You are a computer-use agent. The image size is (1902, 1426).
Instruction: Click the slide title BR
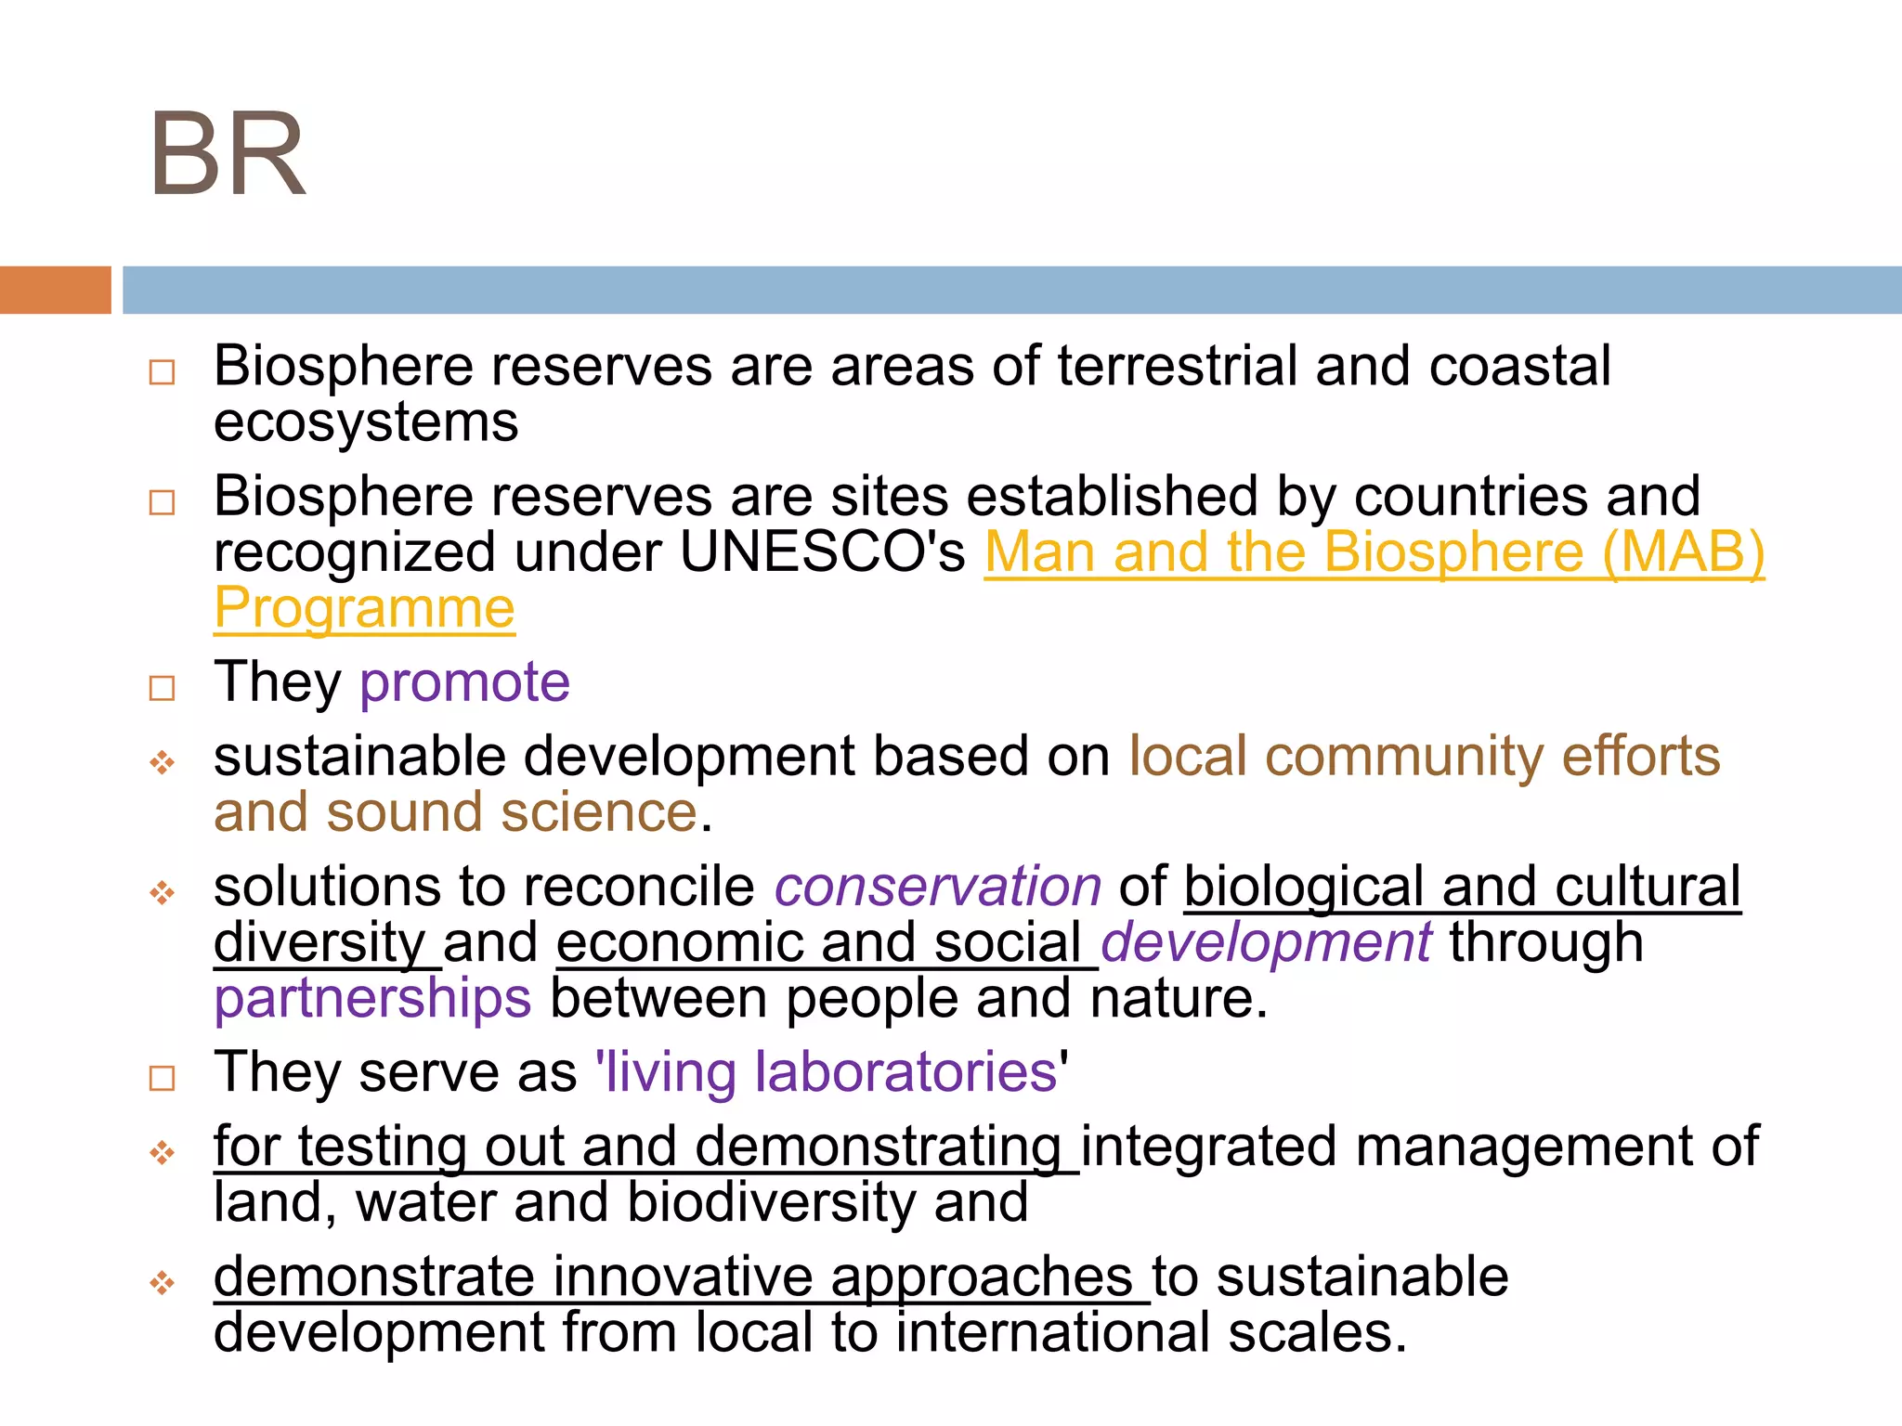point(228,154)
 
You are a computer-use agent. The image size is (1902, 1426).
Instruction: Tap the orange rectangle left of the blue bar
point(55,290)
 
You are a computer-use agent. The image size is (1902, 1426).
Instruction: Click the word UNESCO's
point(822,552)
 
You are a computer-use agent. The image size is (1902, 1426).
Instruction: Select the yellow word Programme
point(364,609)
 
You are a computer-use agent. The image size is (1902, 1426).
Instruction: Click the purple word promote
point(464,682)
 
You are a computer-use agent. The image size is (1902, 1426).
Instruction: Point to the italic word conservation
point(938,887)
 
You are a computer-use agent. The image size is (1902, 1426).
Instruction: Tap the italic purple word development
point(1266,942)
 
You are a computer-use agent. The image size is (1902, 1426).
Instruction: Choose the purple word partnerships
point(372,999)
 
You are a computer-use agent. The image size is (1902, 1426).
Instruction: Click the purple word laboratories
point(905,1072)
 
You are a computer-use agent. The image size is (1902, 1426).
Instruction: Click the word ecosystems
point(366,422)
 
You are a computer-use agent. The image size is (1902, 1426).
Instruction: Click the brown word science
point(599,812)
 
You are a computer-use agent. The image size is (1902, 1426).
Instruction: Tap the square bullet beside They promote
point(163,688)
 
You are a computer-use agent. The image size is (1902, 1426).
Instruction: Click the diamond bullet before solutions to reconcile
point(163,893)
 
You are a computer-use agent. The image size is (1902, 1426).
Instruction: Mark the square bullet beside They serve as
point(163,1078)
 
